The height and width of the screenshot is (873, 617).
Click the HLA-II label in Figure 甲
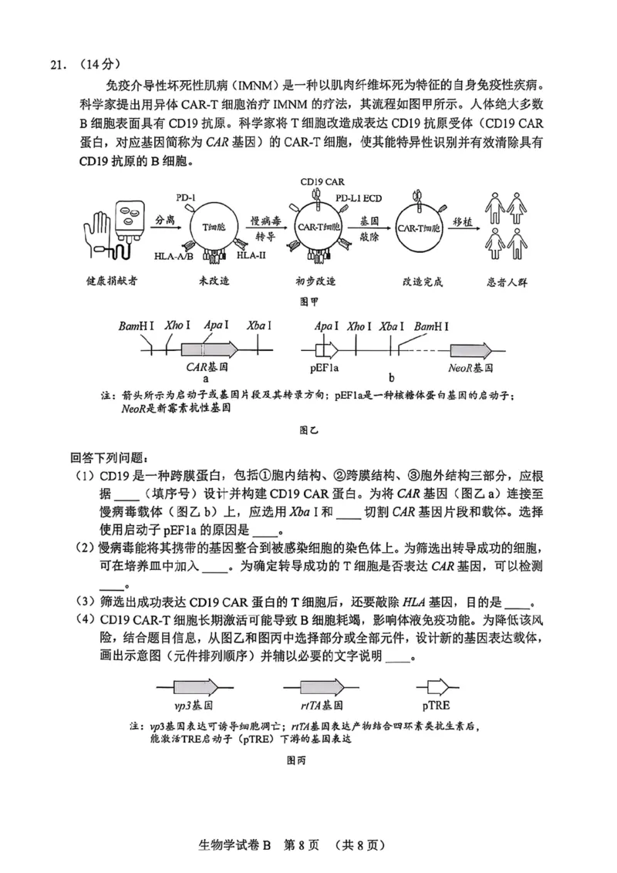(x=251, y=254)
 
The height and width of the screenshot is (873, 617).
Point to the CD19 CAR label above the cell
(x=322, y=182)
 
